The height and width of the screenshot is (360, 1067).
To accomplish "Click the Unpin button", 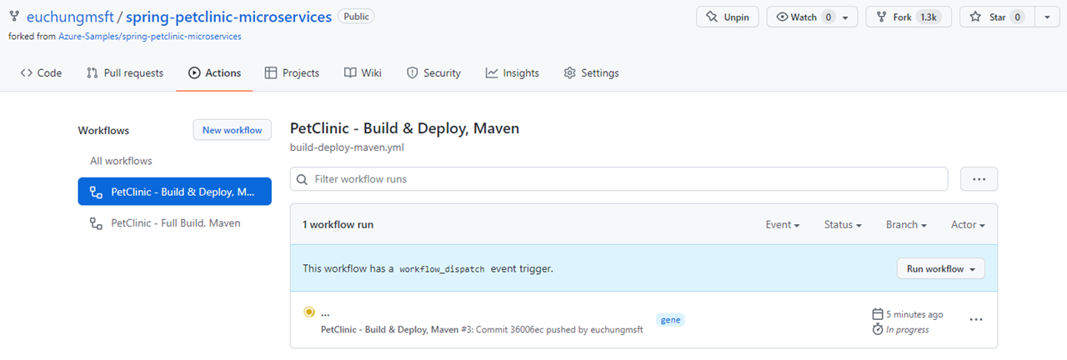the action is click(727, 17).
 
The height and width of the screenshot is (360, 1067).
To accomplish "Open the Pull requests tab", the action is click(125, 72).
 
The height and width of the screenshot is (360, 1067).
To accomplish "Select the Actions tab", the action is click(215, 72).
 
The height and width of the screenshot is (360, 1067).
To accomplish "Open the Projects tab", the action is click(292, 72).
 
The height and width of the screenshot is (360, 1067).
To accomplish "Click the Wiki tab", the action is click(363, 72).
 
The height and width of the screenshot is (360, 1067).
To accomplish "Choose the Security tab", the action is click(433, 72).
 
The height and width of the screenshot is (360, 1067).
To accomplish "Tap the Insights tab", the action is click(513, 72).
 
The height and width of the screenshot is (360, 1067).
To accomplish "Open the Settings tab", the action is click(591, 72).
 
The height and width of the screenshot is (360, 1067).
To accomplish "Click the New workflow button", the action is click(232, 130).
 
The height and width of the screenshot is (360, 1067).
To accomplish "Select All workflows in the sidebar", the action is click(121, 161).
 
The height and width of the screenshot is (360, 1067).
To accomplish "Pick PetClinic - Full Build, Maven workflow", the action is click(175, 222).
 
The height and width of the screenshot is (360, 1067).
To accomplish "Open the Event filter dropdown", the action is click(783, 225).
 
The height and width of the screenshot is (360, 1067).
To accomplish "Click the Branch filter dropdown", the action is click(906, 225).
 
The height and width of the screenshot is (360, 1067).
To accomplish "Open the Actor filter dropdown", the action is click(968, 225).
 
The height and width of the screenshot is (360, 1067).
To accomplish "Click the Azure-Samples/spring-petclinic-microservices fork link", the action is click(150, 37).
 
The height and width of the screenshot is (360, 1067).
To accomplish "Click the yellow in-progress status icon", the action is click(309, 312).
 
